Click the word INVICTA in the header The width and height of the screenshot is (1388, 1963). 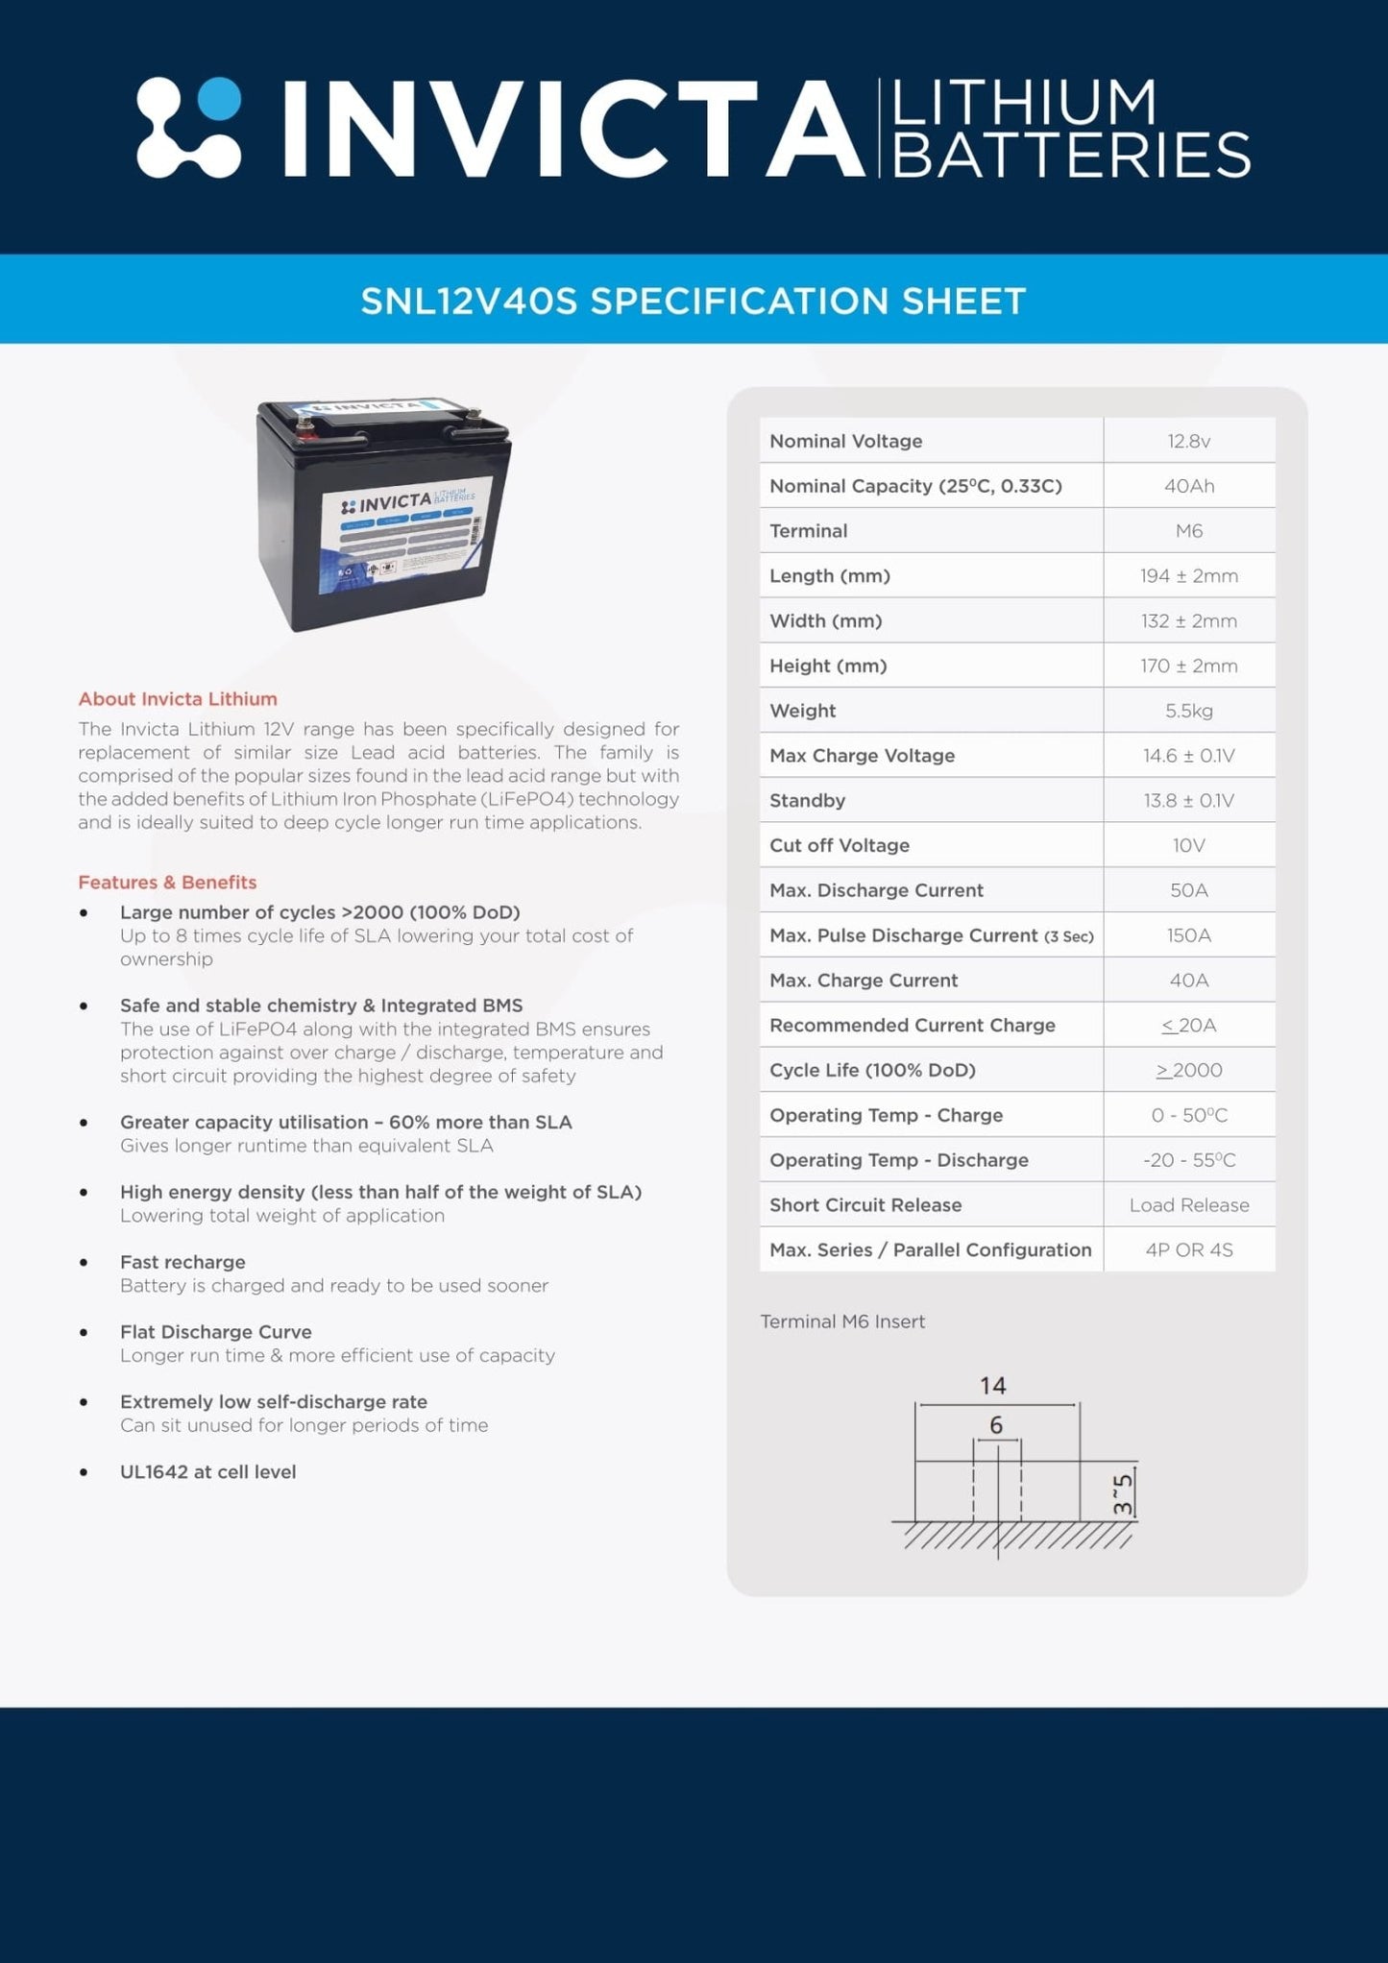pos(572,130)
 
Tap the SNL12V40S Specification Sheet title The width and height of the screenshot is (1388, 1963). pos(694,301)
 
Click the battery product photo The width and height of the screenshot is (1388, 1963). pos(383,513)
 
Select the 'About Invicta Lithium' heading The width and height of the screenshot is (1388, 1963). pos(178,699)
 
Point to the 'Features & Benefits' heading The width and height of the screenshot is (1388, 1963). pos(167,882)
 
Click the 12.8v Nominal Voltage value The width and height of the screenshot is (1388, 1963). pos(1188,441)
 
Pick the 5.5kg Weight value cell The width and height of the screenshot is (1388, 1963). pos(1188,711)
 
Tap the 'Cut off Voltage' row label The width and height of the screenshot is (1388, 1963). pos(839,845)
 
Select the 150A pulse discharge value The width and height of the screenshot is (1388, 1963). pos(1188,935)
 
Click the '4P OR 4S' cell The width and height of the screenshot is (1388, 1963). pos(1188,1249)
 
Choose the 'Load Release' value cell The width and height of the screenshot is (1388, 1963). pos(1188,1205)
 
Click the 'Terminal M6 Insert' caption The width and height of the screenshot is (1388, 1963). pos(842,1321)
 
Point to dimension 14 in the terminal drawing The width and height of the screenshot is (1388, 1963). pos(992,1386)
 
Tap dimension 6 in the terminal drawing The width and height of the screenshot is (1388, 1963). pos(996,1425)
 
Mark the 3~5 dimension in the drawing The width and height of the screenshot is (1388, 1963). pos(1122,1493)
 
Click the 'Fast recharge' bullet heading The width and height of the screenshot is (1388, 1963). pos(183,1262)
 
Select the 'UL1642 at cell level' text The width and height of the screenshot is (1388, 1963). pos(207,1471)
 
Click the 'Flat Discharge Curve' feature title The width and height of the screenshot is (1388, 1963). pos(216,1332)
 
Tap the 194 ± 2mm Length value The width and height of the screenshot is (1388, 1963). pos(1188,576)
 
